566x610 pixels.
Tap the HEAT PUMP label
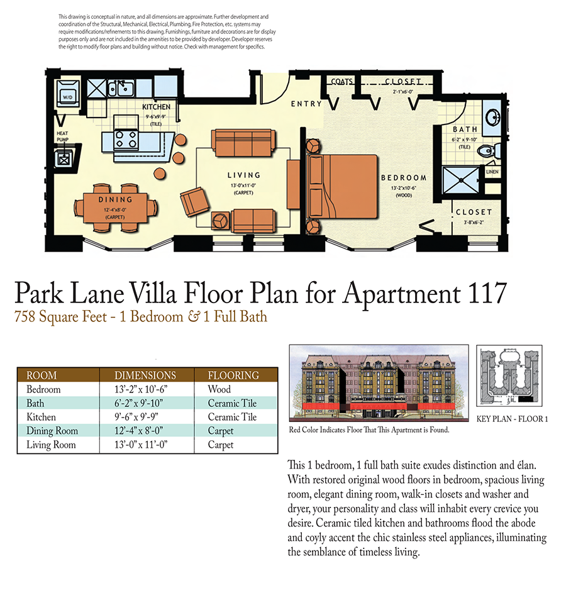tap(63, 136)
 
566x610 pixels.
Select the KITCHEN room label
tap(156, 107)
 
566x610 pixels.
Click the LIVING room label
tap(244, 175)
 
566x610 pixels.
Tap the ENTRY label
tap(306, 104)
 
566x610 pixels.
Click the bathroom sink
tap(493, 117)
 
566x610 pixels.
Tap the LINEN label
tap(492, 171)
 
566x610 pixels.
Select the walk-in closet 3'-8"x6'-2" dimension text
tap(474, 221)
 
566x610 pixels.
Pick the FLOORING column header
tap(233, 375)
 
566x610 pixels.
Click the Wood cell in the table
tap(219, 389)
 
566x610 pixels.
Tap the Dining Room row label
tap(52, 431)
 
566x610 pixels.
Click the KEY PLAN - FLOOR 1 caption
tap(512, 418)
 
